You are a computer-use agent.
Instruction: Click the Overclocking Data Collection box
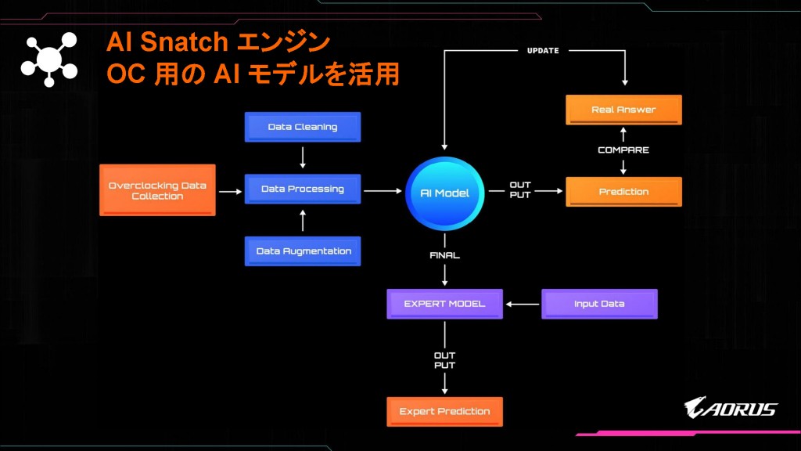(x=157, y=191)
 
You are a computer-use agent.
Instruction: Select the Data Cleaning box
(x=303, y=127)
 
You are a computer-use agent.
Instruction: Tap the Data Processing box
(x=303, y=189)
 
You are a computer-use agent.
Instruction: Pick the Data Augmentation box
(x=303, y=251)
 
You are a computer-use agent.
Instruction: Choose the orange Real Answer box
(x=623, y=110)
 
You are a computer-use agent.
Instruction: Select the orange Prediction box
(x=623, y=192)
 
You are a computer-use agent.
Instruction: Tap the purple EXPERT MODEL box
(x=444, y=304)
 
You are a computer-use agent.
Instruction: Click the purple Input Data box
(x=599, y=304)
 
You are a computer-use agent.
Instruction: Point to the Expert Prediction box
(x=444, y=412)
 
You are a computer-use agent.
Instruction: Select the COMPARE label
(x=623, y=150)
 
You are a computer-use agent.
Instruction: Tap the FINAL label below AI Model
(x=444, y=255)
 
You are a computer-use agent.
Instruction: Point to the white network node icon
(x=48, y=60)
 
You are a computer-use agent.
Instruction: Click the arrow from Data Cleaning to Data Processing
(x=303, y=157)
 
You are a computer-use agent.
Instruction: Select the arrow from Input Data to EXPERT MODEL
(x=522, y=304)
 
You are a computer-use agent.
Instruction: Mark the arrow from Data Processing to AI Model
(x=382, y=190)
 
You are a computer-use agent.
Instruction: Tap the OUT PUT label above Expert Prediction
(x=444, y=360)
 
